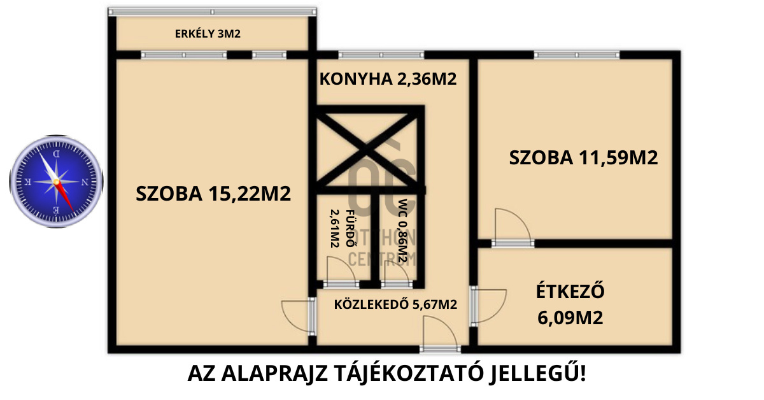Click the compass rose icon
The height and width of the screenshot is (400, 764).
pyautogui.click(x=56, y=182)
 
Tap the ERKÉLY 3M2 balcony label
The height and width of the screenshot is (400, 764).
pyautogui.click(x=208, y=34)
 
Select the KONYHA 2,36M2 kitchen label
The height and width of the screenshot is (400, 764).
pyautogui.click(x=388, y=80)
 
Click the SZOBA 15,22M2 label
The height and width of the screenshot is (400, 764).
pyautogui.click(x=213, y=194)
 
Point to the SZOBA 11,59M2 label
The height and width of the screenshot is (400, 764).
pyautogui.click(x=583, y=158)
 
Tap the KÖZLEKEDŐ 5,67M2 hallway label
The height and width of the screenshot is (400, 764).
pyautogui.click(x=395, y=304)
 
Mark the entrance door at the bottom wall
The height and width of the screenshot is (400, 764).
pyautogui.click(x=440, y=337)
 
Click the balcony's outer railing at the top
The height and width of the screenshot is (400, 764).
pyautogui.click(x=212, y=11)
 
